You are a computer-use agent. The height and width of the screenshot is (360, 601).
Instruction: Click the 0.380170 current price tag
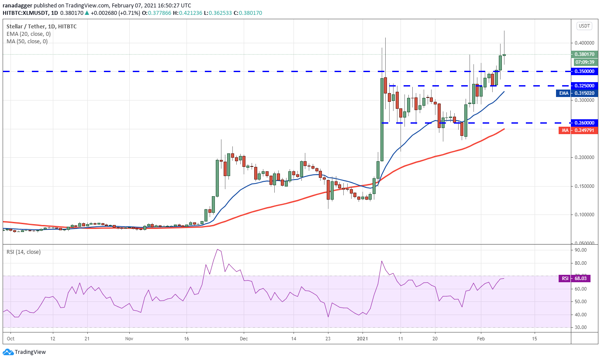point(584,55)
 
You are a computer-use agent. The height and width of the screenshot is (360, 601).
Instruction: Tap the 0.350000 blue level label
point(584,71)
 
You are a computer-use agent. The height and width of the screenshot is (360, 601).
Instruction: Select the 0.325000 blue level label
point(584,86)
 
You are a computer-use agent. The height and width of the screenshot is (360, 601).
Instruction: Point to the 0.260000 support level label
point(584,123)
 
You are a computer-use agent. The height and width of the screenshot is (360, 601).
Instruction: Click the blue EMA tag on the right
point(565,93)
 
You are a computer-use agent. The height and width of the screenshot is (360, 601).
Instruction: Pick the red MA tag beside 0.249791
point(564,130)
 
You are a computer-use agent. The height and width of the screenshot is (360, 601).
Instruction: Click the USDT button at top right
point(584,26)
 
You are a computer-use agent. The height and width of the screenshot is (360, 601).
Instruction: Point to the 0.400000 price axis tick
point(584,43)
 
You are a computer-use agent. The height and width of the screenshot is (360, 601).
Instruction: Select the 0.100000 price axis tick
point(584,215)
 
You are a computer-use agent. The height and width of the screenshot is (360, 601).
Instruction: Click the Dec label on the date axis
point(244,339)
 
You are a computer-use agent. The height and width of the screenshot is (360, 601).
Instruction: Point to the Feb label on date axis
point(481,339)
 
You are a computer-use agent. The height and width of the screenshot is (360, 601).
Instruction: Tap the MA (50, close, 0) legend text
point(27,42)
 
